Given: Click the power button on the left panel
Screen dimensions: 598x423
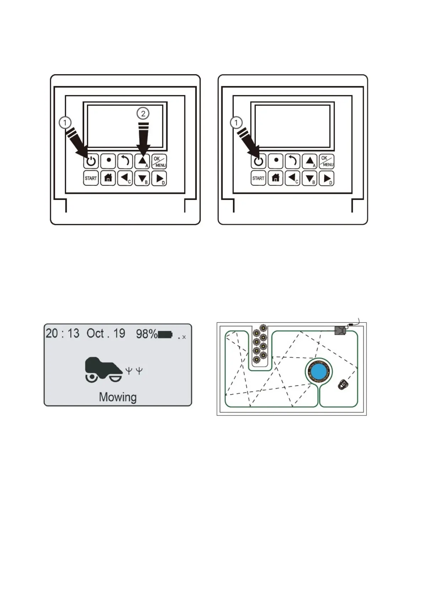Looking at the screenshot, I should (91, 162).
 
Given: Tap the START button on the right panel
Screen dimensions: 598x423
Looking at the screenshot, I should (258, 178).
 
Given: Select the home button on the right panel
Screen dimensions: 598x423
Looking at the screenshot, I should (276, 178).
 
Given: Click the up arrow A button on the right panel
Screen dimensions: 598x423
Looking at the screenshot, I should (310, 162).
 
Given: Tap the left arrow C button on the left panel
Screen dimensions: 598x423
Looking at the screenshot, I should (125, 178).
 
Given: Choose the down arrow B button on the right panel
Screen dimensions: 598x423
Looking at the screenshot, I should (309, 178).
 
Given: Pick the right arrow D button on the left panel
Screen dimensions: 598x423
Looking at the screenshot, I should (159, 178).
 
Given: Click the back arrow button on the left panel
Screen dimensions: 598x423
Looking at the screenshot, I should (125, 162).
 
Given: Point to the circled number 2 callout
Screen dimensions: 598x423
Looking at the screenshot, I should (143, 114).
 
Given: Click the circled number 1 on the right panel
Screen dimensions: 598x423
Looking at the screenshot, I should (236, 123).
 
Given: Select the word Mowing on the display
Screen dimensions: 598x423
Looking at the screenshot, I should (118, 397).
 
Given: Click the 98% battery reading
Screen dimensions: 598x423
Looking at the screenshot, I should (146, 334).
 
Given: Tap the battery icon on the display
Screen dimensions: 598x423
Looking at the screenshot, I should (165, 335).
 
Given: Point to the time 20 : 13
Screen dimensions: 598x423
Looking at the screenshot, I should (63, 333).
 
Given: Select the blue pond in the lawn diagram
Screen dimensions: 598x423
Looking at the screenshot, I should (319, 371).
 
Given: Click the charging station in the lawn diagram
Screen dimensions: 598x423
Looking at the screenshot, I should (340, 331).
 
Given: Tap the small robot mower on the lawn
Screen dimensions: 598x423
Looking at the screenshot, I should (343, 385).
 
